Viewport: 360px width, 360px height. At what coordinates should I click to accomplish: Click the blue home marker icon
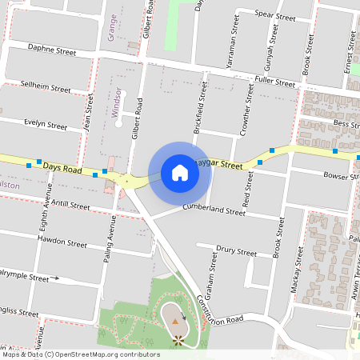tap(180, 172)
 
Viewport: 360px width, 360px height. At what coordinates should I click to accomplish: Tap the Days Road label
tap(62, 169)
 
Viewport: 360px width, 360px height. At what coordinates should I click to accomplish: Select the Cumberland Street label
tap(213, 212)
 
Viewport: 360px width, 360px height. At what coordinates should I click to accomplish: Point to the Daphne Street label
tap(51, 50)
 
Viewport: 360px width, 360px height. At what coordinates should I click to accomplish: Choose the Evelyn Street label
tap(46, 126)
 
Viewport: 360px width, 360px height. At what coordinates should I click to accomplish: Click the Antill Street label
tap(69, 206)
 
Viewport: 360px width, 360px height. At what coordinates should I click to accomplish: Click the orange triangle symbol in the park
tap(175, 322)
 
